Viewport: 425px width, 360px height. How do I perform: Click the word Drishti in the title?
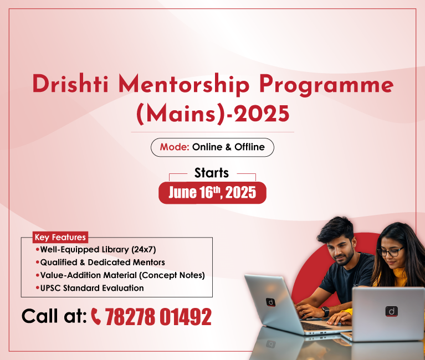point(70,84)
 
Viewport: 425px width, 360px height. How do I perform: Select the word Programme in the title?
point(326,86)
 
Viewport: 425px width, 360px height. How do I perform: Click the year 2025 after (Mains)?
point(262,114)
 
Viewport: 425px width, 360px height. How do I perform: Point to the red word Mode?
point(175,147)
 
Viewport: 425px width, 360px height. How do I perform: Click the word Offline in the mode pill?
point(250,147)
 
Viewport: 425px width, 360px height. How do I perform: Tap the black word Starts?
point(212,173)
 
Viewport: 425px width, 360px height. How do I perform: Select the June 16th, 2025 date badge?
point(212,193)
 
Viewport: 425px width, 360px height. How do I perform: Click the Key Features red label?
point(60,237)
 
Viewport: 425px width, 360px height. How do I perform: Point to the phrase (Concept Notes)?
point(172,275)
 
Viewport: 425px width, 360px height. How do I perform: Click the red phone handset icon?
point(96,316)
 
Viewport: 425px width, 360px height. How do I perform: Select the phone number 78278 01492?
point(158,316)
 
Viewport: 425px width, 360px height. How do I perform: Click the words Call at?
point(54,316)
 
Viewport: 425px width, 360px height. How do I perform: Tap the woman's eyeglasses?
point(390,252)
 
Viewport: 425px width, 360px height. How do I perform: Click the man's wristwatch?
point(325,311)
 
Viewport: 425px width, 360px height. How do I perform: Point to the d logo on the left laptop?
point(270,302)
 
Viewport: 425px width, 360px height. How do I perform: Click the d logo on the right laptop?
point(392,311)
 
